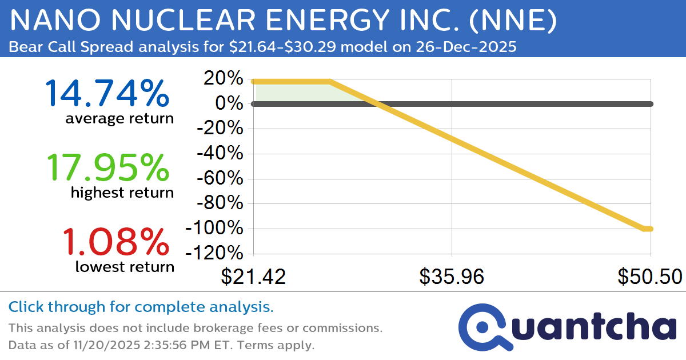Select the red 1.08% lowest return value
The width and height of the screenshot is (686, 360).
click(x=114, y=241)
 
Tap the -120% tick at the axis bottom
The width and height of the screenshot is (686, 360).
click(x=217, y=253)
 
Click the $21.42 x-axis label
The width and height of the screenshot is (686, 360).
click(x=253, y=277)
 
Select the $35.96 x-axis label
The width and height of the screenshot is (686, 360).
click(x=452, y=277)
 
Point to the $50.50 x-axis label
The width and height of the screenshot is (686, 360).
click(x=649, y=277)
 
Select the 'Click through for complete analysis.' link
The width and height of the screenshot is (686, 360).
click(x=141, y=307)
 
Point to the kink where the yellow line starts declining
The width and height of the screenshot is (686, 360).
click(x=330, y=82)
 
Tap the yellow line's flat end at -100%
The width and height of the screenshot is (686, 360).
click(x=648, y=229)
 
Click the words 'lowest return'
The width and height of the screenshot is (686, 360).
click(x=124, y=266)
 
